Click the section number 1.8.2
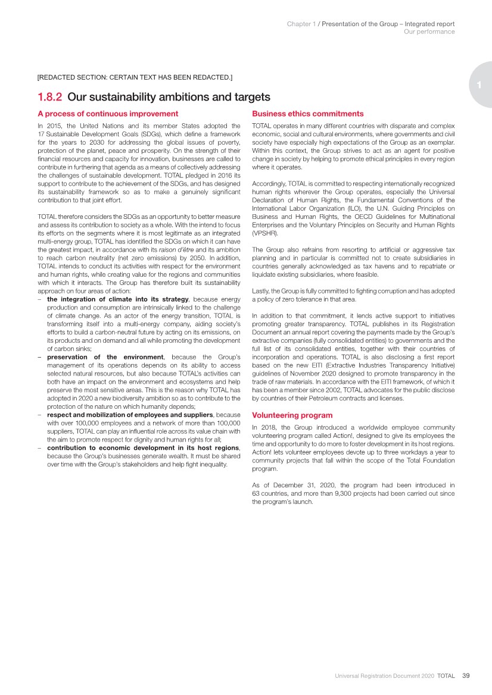(50, 97)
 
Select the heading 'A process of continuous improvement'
(108, 114)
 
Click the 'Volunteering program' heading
(292, 415)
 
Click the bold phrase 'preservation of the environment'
(105, 357)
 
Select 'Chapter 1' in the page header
(301, 24)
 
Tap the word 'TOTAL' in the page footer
(446, 675)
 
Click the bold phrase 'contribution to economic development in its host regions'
(143, 447)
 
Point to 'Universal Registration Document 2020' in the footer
(384, 675)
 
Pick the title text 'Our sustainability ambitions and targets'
(169, 97)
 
